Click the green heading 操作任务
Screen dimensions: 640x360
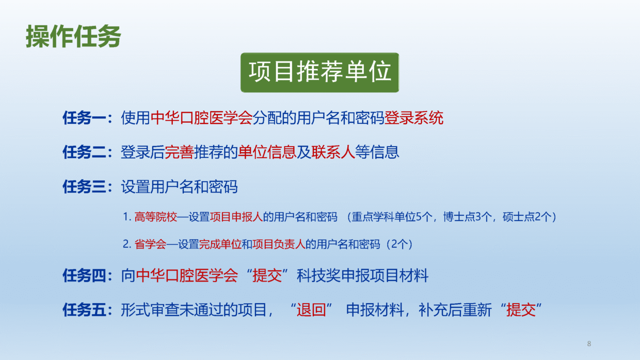pos(73,36)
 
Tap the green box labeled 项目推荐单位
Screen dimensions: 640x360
pos(319,72)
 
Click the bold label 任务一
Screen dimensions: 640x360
pos(84,118)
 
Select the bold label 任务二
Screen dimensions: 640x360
pos(84,152)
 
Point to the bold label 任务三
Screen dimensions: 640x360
pos(84,187)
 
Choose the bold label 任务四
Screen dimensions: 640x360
pos(84,276)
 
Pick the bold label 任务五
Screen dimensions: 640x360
pos(84,310)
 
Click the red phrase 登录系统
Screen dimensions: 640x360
pos(414,118)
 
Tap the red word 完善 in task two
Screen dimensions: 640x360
pos(180,152)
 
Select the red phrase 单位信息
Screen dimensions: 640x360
pos(267,152)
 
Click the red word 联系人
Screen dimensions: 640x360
pos(333,152)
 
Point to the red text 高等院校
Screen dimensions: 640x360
pos(156,217)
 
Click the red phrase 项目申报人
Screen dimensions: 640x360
pos(236,217)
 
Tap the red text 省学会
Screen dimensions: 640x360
pos(150,244)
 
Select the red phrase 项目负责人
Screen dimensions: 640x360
pos(279,244)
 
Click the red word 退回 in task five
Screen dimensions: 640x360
pos(311,310)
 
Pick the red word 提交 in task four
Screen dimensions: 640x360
pos(267,276)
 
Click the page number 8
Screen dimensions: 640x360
pos(589,343)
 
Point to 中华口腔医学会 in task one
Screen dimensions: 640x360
pos(201,118)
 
